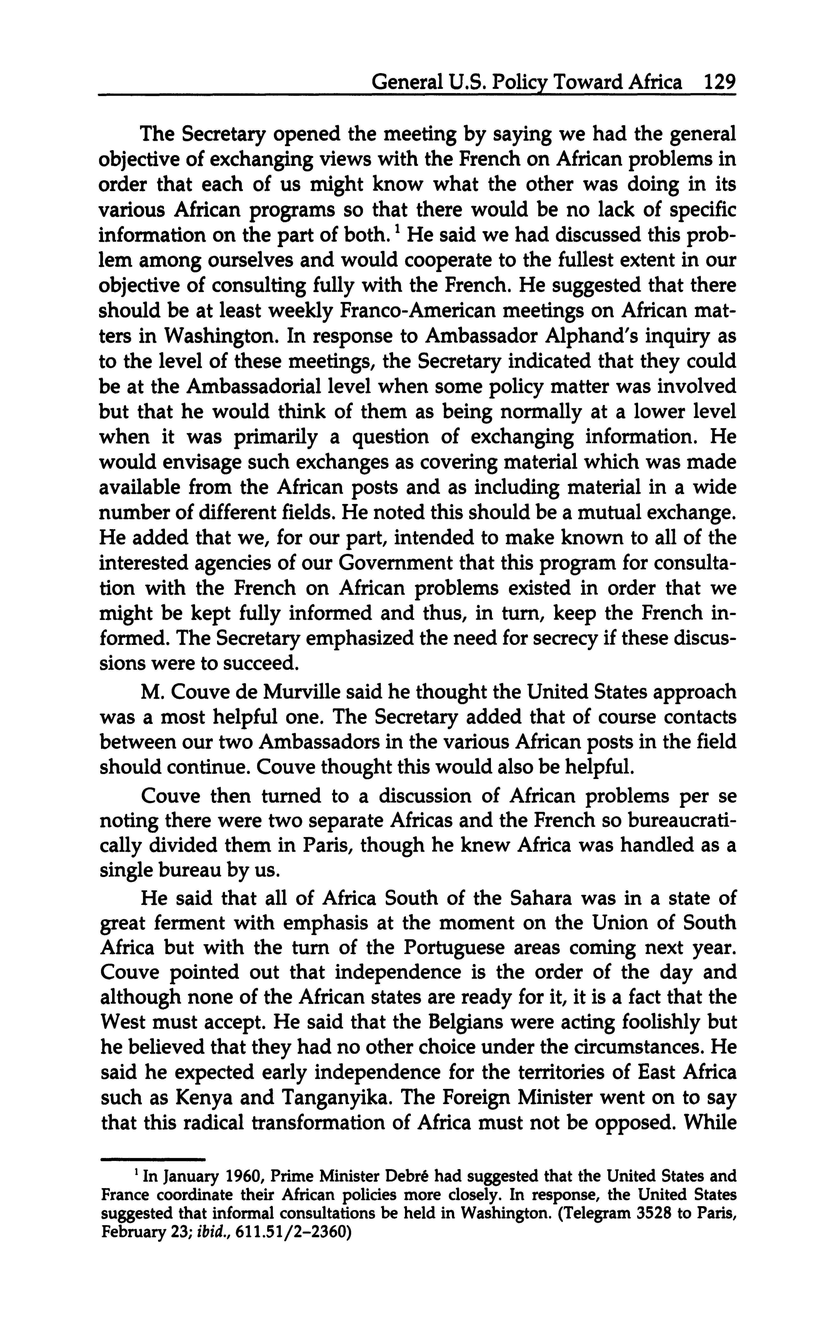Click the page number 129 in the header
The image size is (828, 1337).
point(719,83)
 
